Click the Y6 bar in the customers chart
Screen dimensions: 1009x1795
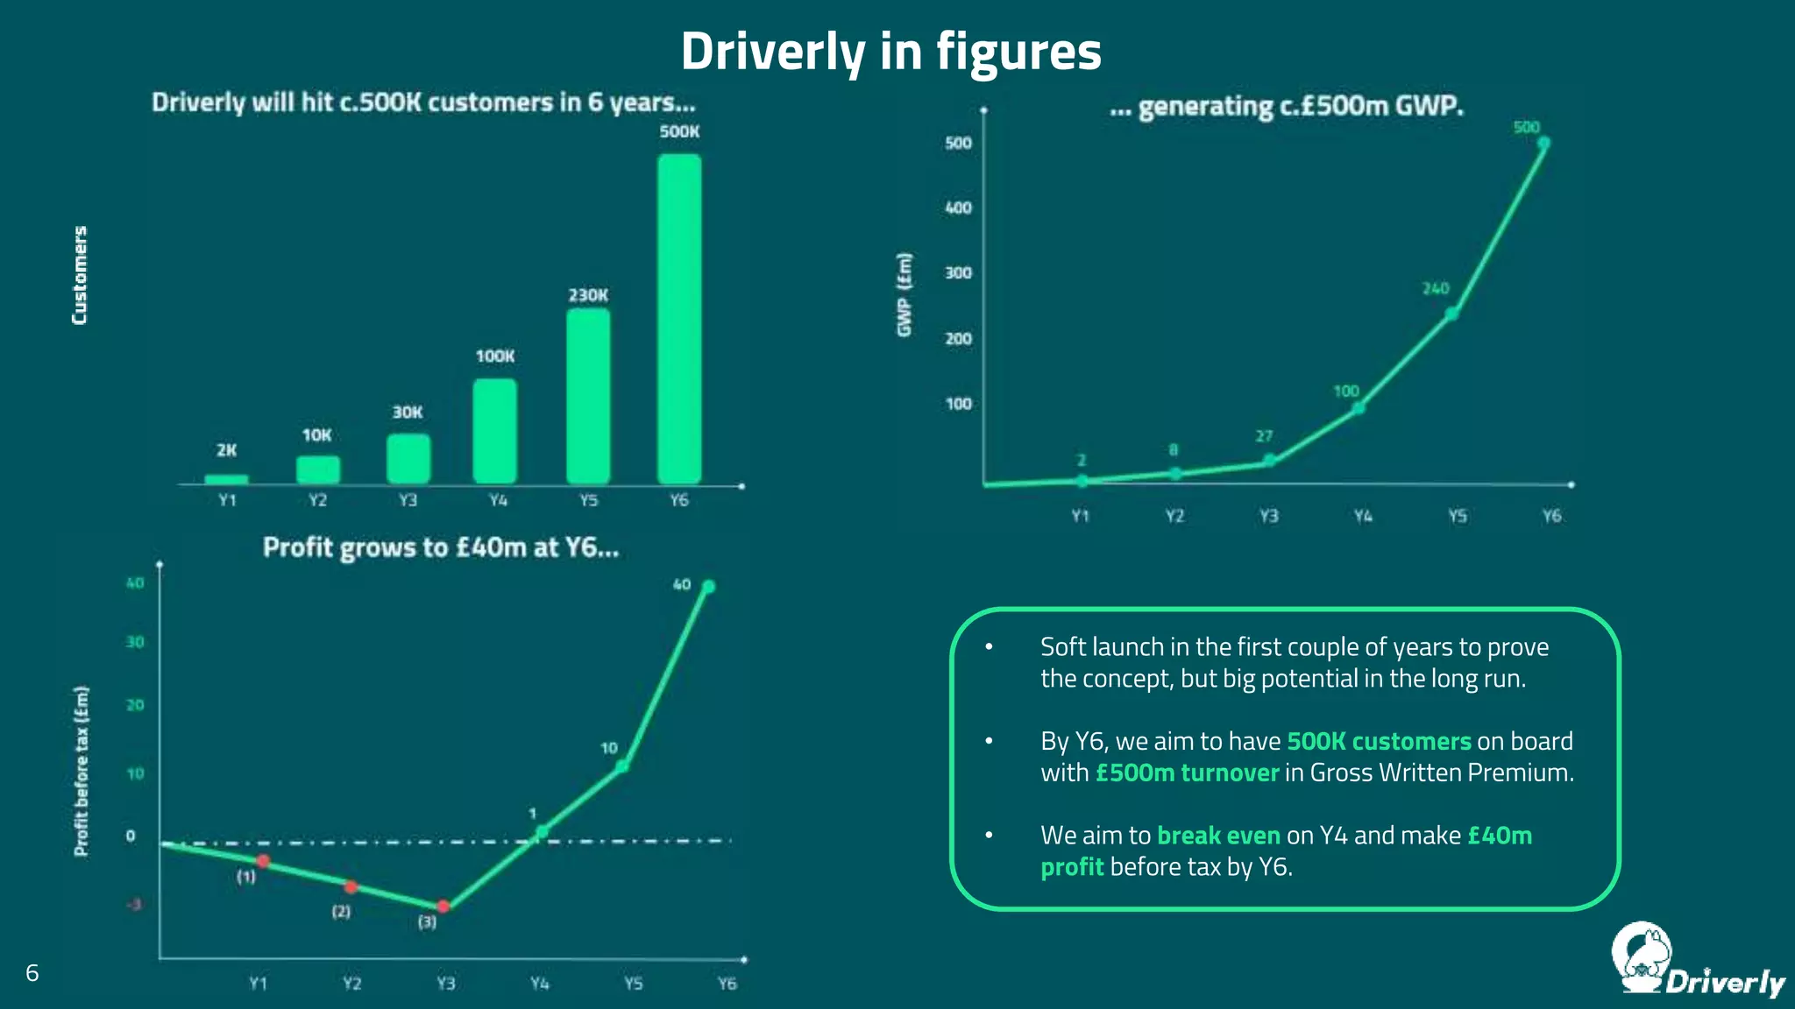pos(679,320)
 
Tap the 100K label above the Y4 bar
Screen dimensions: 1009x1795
pos(495,356)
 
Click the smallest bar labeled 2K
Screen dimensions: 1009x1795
pos(226,479)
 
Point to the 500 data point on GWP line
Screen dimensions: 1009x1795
pos(1543,143)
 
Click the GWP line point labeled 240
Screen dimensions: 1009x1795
pos(1451,314)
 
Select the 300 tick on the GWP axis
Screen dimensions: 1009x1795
pos(958,273)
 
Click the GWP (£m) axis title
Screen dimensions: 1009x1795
pos(905,294)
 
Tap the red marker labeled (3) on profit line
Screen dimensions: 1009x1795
pos(443,907)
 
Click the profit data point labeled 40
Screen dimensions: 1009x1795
pos(709,587)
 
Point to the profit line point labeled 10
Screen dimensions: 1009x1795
pos(621,766)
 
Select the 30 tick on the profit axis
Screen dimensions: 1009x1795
pos(135,642)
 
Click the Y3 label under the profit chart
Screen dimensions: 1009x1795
pos(446,984)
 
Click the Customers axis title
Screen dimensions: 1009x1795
pos(80,275)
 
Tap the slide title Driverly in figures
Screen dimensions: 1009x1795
pos(890,51)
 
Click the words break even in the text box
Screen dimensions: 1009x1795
pos(1218,836)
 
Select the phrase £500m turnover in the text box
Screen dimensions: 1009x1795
pos(1187,773)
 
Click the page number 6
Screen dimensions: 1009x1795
pos(32,973)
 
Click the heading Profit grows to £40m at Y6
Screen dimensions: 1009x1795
pos(441,548)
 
